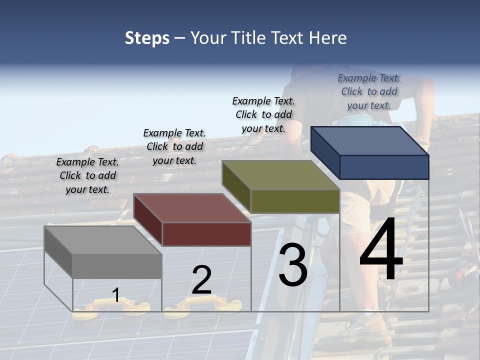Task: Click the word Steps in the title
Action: coord(146,38)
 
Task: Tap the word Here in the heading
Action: coord(327,38)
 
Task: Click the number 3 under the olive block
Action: coord(292,265)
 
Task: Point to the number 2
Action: coord(201,280)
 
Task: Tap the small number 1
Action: coord(116,295)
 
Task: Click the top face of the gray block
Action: coord(102,240)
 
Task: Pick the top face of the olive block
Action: coord(280,175)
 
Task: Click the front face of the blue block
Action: coord(384,167)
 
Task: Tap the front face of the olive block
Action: coord(295,201)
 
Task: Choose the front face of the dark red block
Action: coord(206,234)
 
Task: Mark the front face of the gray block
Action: coord(117,266)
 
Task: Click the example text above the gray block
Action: coord(87,175)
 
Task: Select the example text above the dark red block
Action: coord(174,146)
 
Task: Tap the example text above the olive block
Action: coord(263,114)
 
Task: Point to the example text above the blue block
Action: coord(369,91)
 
